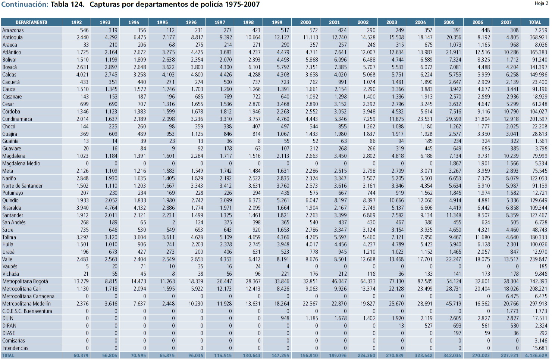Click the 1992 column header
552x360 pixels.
[x=76, y=22]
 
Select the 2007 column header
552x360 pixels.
[x=506, y=22]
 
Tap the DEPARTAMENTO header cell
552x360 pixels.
[x=31, y=22]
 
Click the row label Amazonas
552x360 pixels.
[x=13, y=30]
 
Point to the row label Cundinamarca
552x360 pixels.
[x=17, y=119]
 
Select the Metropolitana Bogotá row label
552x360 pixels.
[x=25, y=282]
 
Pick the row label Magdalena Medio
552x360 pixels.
[x=21, y=163]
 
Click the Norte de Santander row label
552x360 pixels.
[x=22, y=186]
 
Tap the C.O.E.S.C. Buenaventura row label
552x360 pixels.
[x=27, y=311]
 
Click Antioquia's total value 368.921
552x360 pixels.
[x=539, y=37]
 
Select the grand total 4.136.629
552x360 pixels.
[x=536, y=356]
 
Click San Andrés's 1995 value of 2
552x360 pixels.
[x=173, y=222]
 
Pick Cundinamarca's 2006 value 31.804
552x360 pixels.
[x=482, y=119]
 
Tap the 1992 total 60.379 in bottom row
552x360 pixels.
[x=81, y=356]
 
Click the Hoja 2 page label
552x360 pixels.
[x=541, y=3]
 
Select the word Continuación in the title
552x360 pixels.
[x=25, y=4]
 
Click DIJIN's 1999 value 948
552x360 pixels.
[x=285, y=319]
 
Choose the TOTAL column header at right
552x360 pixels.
[x=535, y=22]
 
